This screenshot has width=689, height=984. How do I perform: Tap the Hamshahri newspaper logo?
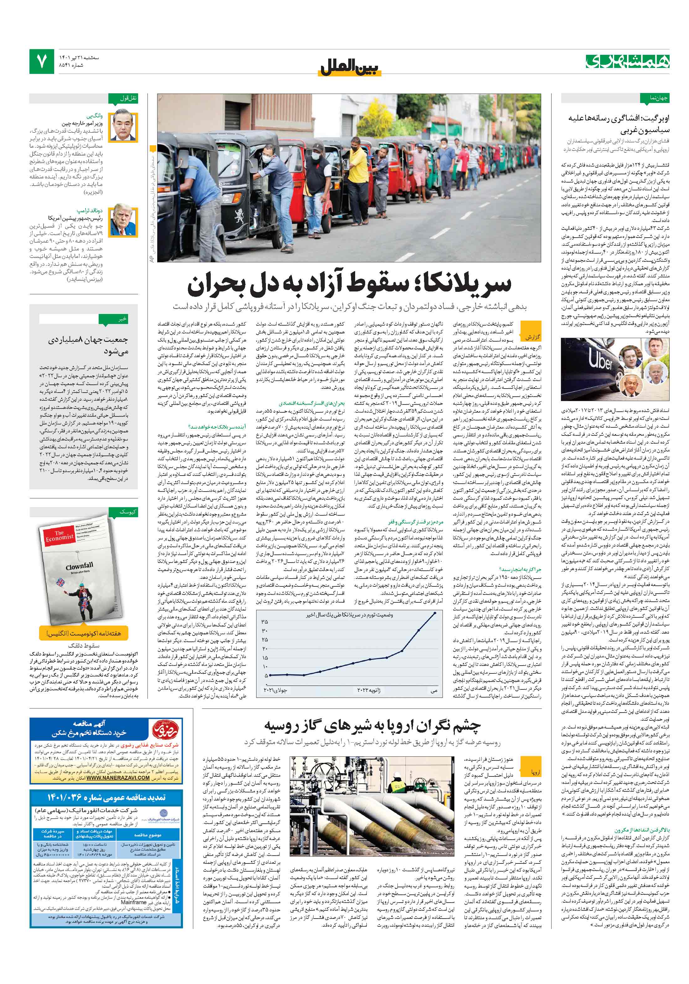627,61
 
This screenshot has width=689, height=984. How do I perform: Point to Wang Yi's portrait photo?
123,126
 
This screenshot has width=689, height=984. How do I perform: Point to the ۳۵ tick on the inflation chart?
265,621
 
